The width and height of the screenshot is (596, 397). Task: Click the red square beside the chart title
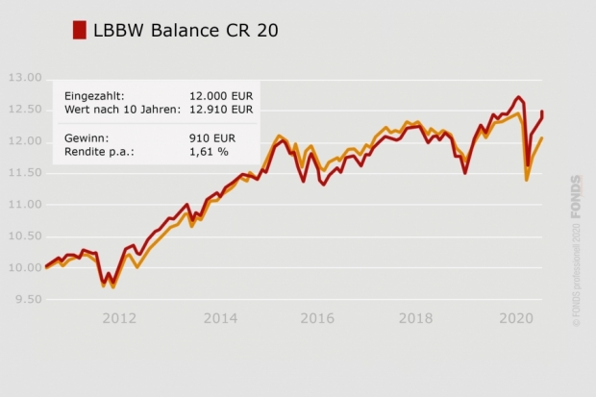point(80,30)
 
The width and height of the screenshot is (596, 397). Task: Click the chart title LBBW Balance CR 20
point(186,30)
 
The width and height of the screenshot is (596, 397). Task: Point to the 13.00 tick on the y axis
point(24,78)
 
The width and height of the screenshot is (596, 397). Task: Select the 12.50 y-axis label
point(24,110)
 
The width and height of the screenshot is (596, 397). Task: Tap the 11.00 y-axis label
point(24,205)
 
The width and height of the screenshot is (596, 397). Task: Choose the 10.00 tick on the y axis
point(24,268)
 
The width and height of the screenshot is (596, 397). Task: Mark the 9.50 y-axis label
point(27,300)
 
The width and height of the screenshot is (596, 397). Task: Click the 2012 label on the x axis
point(119,318)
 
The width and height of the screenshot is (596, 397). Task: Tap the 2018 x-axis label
point(415,318)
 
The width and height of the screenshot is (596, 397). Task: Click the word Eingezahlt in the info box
point(94,96)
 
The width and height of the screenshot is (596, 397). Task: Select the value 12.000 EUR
point(220,96)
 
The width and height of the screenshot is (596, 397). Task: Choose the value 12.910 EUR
point(220,109)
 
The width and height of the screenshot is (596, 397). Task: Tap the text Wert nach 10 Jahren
point(122,109)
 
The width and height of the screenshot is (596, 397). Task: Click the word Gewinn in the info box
point(87,138)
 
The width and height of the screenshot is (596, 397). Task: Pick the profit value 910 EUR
point(213,138)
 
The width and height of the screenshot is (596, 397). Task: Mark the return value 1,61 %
point(209,151)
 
